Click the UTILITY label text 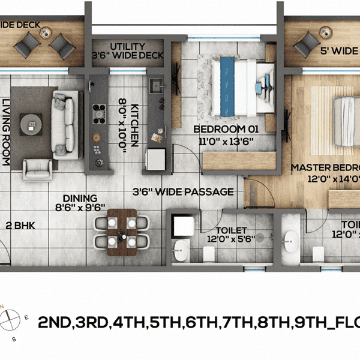[x=127, y=46]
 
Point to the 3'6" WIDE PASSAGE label [x=183, y=192]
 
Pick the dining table [x=122, y=232]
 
